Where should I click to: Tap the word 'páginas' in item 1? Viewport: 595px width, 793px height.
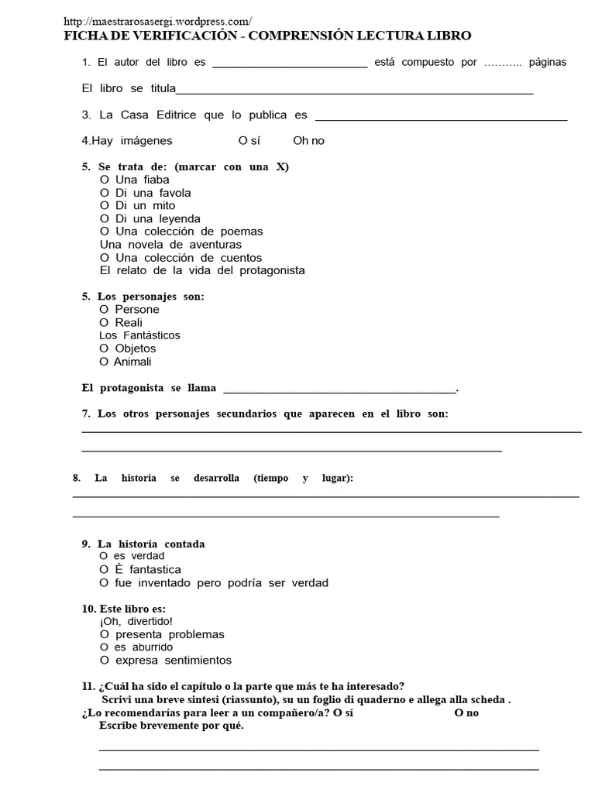click(x=548, y=63)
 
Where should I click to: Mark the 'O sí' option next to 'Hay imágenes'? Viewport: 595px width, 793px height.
click(x=249, y=141)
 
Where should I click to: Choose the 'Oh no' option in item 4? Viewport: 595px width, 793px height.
click(x=308, y=141)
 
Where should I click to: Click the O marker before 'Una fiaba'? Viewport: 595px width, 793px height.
click(x=105, y=180)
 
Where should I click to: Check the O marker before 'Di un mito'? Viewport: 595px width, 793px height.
click(x=105, y=206)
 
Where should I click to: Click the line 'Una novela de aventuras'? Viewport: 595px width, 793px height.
click(x=170, y=245)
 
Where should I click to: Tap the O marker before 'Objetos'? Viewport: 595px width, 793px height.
click(x=105, y=348)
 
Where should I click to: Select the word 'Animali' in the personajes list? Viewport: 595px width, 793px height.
click(x=132, y=362)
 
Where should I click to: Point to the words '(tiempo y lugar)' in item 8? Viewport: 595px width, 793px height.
click(x=302, y=479)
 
